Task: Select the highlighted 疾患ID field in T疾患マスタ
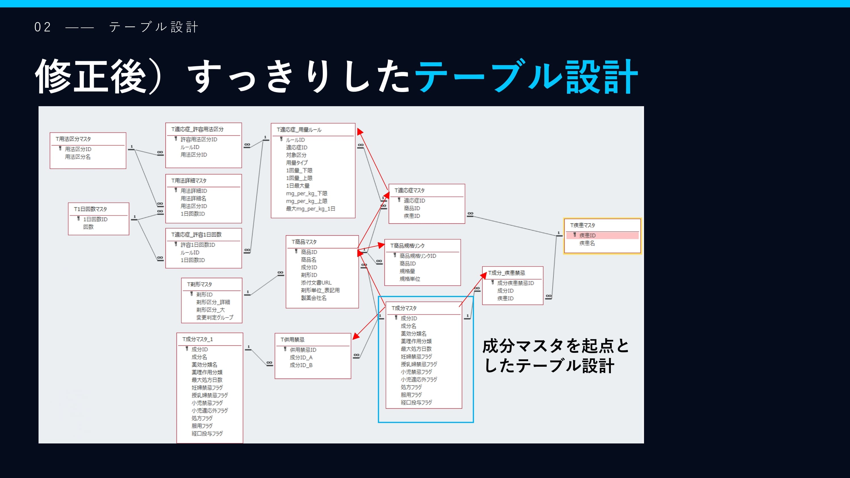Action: (587, 235)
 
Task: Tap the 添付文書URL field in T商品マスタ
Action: (316, 282)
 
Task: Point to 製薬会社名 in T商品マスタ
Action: (313, 298)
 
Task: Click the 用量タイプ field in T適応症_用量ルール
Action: (297, 163)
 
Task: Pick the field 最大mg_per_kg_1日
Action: (310, 208)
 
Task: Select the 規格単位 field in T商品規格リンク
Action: (410, 279)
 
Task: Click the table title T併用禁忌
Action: (292, 340)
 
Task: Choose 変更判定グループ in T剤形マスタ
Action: (214, 317)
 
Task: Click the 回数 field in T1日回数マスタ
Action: (88, 227)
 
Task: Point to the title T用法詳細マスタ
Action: (189, 180)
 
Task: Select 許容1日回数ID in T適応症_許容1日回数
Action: (198, 245)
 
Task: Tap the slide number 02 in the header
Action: (42, 27)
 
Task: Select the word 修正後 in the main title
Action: (90, 76)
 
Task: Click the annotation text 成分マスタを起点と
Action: (556, 346)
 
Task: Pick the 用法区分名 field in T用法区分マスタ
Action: (78, 157)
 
